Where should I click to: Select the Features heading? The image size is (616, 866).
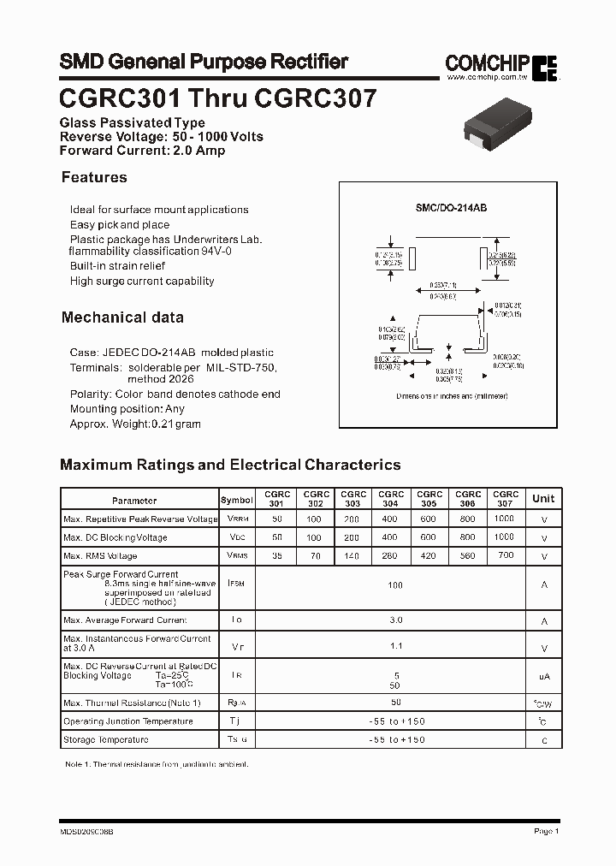tap(94, 177)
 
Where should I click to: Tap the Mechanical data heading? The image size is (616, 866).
tap(122, 317)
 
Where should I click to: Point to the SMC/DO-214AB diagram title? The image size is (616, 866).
tap(451, 208)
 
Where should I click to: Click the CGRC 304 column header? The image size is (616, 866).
tap(391, 499)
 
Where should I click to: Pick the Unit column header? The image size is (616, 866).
tap(543, 499)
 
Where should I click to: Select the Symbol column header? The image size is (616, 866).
tap(237, 500)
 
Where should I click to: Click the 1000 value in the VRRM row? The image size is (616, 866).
tap(505, 519)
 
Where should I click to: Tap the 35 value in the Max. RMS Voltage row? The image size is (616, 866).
tap(276, 555)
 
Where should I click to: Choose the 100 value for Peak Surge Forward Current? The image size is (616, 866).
tap(395, 586)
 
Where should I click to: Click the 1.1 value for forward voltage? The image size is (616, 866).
tap(395, 647)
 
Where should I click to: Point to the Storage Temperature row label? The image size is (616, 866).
tap(105, 739)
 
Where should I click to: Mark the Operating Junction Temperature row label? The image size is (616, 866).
tap(128, 721)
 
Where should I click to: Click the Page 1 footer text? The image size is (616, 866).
tap(546, 831)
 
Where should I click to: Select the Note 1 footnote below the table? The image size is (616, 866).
tap(157, 763)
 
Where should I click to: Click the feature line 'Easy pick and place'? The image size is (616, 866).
tap(120, 224)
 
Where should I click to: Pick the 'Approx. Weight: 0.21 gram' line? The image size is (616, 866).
tap(135, 424)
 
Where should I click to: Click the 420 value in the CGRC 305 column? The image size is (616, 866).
tap(429, 555)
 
